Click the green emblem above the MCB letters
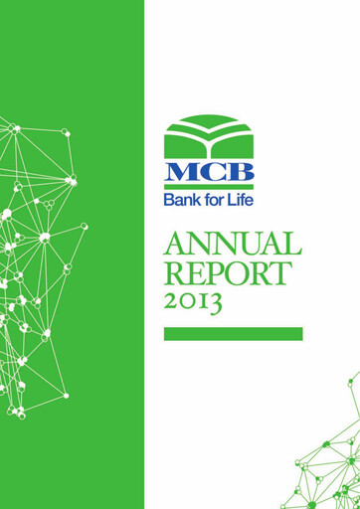tap(209, 136)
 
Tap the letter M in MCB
tap(182, 170)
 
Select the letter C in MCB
tap(210, 170)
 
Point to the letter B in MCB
tap(237, 170)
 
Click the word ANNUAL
tap(232, 244)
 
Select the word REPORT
tap(228, 273)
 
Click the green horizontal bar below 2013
tap(233, 334)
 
